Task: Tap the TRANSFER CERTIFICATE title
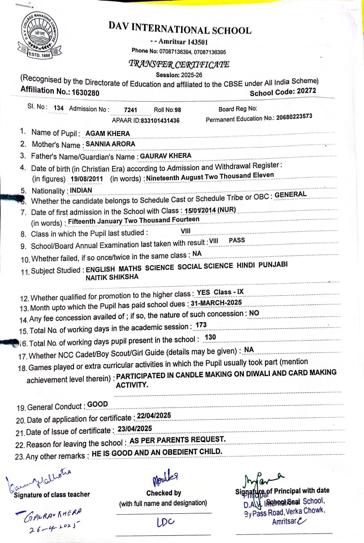[x=179, y=64]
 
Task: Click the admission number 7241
[x=130, y=109]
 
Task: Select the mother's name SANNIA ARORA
[x=110, y=144]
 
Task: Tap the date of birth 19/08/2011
[x=87, y=179]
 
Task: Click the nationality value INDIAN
[x=81, y=190]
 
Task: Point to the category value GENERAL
[x=290, y=195]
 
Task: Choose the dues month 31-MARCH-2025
[x=216, y=303]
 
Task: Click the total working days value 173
[x=201, y=324]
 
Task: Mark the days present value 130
[x=210, y=337]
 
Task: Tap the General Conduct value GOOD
[x=97, y=404]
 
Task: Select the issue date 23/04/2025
[x=135, y=429]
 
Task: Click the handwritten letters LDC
[x=165, y=522]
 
